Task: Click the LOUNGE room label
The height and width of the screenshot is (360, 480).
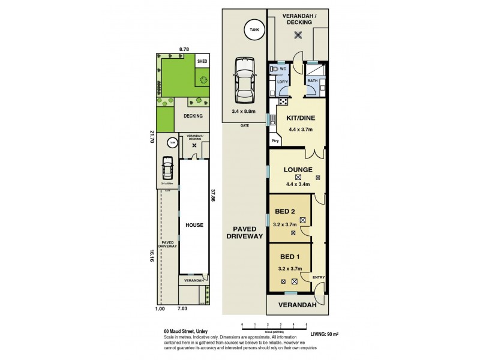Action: click(298, 169)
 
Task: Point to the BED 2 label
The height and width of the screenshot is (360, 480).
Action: click(285, 212)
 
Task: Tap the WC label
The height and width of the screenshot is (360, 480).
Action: click(282, 68)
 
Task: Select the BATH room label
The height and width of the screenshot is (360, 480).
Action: click(313, 80)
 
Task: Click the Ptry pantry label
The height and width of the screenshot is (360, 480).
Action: click(275, 141)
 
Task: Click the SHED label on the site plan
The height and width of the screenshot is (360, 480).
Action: click(202, 61)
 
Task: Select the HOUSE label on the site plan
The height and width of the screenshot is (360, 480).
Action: click(194, 225)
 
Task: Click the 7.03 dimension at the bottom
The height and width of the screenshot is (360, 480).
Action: click(182, 308)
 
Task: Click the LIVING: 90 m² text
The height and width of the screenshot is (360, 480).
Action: click(326, 334)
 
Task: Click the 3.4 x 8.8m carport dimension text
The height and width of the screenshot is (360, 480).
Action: click(244, 111)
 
